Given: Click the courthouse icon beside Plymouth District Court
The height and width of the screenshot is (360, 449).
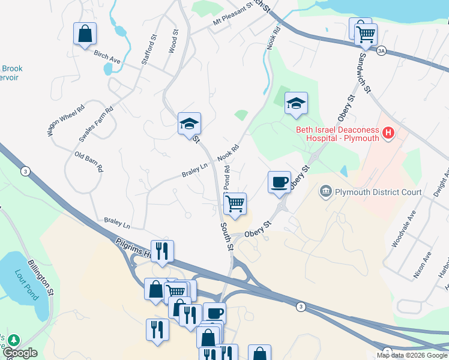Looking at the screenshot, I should (326, 192).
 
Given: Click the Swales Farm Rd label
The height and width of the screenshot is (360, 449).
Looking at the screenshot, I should (96, 125).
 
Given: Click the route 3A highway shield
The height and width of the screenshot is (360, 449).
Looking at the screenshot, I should (381, 52).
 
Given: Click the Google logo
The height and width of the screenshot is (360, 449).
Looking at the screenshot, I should (19, 353).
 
